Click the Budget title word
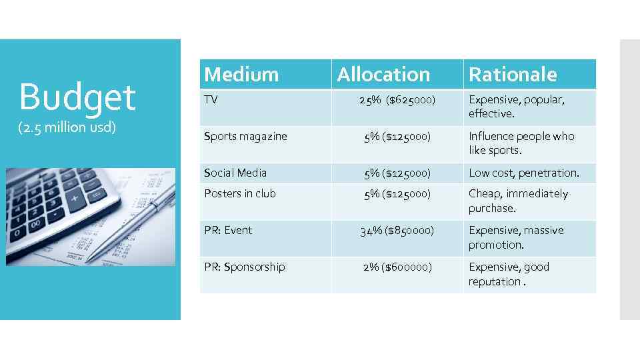[x=77, y=97]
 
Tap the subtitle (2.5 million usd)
[x=68, y=127]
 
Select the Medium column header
[x=241, y=74]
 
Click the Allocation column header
[x=383, y=74]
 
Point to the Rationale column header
[x=512, y=74]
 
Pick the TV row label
[x=211, y=99]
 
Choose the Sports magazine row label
[x=245, y=136]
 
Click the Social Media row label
[x=235, y=173]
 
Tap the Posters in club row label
[x=239, y=193]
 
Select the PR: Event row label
[x=228, y=230]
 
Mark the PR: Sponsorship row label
[x=244, y=267]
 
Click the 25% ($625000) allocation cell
[x=397, y=100]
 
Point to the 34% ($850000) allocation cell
[x=397, y=231]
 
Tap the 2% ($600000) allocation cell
[x=397, y=267]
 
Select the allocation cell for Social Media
[x=397, y=173]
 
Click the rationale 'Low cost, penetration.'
[x=523, y=173]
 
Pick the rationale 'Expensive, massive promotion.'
[x=515, y=237]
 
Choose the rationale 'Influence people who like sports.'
[x=521, y=143]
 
